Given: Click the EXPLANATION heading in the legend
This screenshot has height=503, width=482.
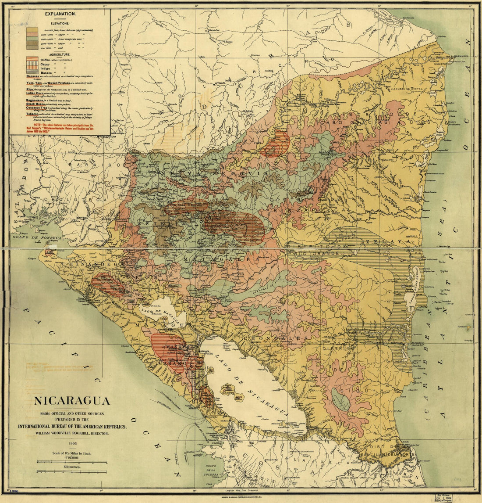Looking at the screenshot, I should pyautogui.click(x=60, y=14).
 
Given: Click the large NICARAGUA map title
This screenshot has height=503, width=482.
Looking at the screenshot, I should pyautogui.click(x=72, y=401).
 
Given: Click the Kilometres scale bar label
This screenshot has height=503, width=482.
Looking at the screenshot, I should pyautogui.click(x=72, y=468).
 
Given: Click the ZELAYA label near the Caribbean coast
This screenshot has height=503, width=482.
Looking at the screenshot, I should pyautogui.click(x=385, y=242).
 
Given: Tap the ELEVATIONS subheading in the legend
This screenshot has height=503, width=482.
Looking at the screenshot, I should pyautogui.click(x=60, y=23).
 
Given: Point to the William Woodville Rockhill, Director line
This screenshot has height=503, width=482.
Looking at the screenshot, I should pyautogui.click(x=72, y=433).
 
